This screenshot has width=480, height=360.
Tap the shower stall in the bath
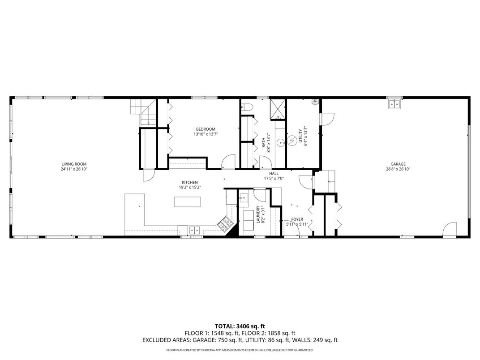(x=277, y=109)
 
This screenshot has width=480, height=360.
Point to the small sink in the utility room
(x=315, y=102)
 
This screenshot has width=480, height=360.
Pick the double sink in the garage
(x=394, y=104)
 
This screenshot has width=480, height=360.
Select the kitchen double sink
(x=195, y=230)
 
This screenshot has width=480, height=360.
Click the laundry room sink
(x=244, y=197)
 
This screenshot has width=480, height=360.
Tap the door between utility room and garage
(x=326, y=119)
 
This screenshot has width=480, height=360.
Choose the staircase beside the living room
(x=143, y=112)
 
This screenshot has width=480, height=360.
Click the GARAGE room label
(x=398, y=164)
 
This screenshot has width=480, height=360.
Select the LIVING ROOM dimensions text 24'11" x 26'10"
(x=74, y=169)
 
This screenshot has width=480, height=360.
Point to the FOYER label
(x=297, y=219)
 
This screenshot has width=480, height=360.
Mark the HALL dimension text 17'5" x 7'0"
(x=274, y=178)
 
